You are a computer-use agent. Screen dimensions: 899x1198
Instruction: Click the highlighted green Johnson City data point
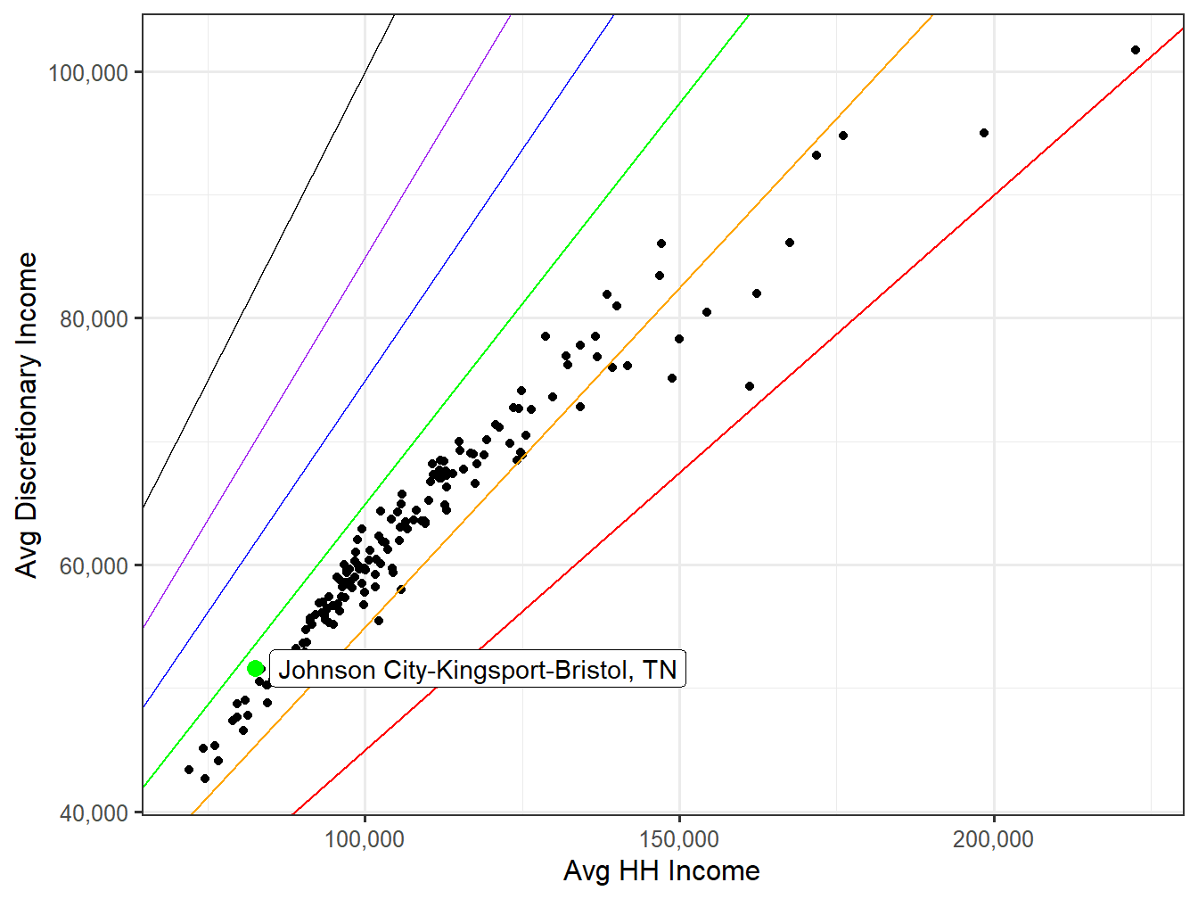pos(256,668)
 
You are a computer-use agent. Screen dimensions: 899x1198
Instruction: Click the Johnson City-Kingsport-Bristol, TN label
pos(477,670)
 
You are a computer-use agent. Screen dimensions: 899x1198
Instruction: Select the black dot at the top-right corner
pos(1135,50)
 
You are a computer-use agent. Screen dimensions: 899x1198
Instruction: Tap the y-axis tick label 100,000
pos(88,73)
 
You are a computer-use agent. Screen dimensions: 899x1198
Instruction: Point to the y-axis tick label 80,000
pos(94,319)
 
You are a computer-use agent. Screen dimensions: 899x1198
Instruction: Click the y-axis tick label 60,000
pos(94,566)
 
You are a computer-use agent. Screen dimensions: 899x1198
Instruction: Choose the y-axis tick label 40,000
pos(94,813)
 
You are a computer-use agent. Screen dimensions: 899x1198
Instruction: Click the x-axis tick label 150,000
pos(679,840)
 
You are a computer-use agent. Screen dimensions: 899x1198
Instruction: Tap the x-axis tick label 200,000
pos(993,840)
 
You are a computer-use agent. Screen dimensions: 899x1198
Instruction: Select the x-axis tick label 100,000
pos(365,840)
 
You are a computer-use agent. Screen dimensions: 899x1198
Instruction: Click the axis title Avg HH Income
pos(661,871)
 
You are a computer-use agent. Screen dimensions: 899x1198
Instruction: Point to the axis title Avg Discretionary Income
pos(28,415)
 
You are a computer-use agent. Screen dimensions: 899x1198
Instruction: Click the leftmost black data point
pos(189,770)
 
